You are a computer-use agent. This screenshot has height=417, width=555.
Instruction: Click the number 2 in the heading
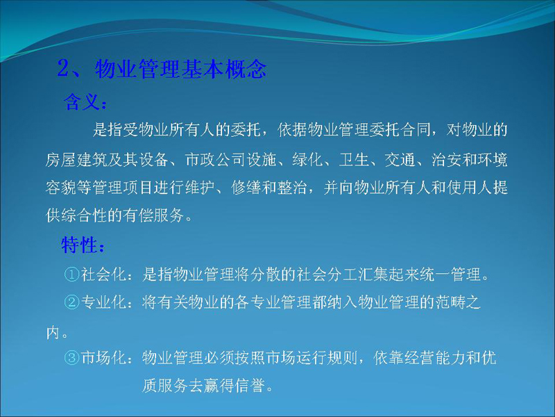(x=64, y=68)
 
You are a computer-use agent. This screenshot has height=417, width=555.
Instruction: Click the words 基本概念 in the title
(x=223, y=68)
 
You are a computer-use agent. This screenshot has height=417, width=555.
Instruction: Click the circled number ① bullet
(x=72, y=274)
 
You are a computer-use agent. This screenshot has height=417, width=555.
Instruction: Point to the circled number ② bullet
(x=72, y=302)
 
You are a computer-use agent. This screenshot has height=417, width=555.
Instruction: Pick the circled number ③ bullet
(x=72, y=358)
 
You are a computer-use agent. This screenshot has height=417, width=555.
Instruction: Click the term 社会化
(x=103, y=274)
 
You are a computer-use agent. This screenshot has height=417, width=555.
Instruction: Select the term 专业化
(x=103, y=302)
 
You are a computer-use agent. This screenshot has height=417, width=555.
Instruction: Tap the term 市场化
(x=103, y=358)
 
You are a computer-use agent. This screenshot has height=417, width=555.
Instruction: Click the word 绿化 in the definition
(x=307, y=159)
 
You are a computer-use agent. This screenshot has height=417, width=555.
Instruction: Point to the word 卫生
(x=354, y=159)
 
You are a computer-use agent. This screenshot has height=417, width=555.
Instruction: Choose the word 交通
(x=400, y=159)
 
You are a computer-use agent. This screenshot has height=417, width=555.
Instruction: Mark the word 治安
(x=446, y=159)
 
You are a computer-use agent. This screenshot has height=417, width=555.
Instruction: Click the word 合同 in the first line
(x=416, y=130)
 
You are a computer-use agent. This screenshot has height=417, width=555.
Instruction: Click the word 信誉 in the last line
(x=250, y=386)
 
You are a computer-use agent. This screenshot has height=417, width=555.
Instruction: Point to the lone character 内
(x=53, y=333)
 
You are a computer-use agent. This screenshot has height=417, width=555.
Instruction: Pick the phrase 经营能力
(x=420, y=358)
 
